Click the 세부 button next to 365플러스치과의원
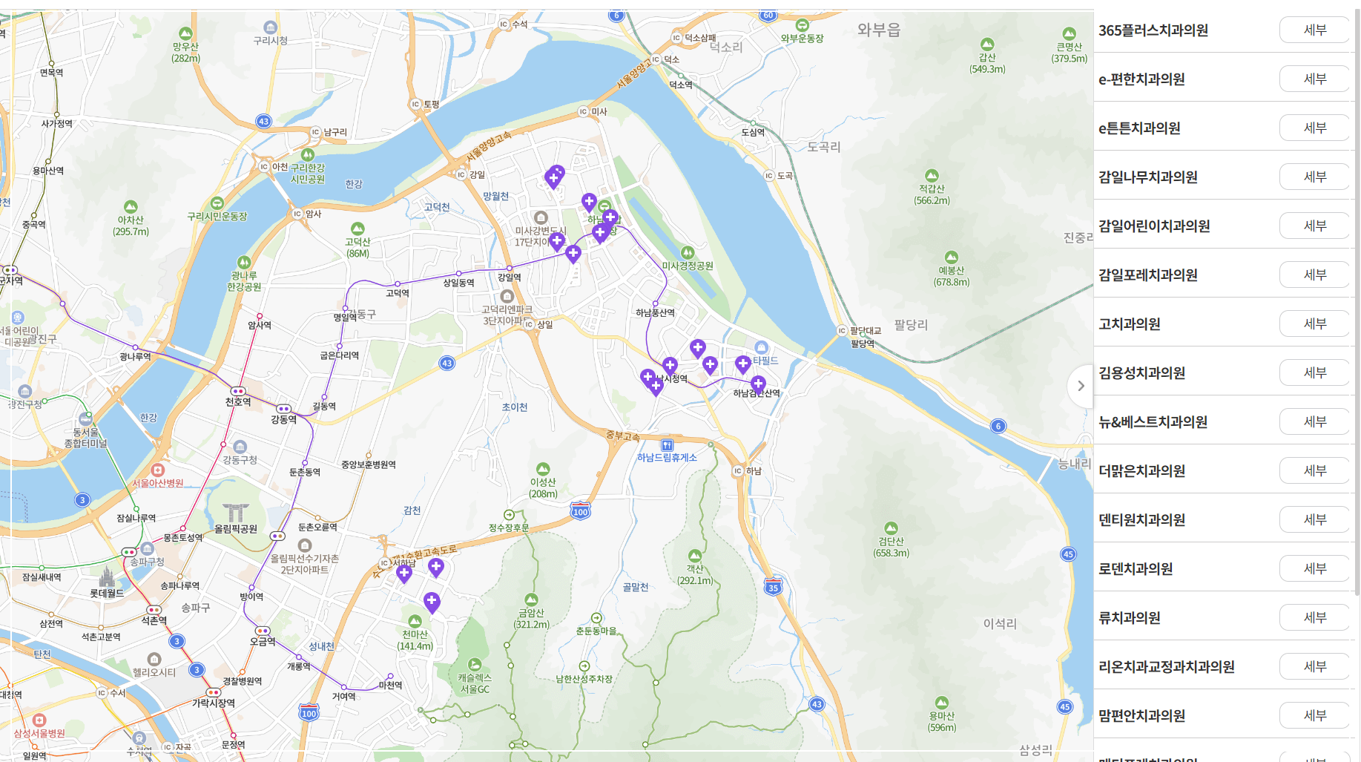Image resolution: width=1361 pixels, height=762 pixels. (1314, 30)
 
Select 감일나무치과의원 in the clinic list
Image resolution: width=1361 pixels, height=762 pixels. (1147, 177)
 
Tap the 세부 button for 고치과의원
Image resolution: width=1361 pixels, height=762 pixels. (1314, 324)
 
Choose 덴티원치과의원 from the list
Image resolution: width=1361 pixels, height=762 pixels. (1141, 520)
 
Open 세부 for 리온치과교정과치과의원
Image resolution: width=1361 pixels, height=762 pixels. (1314, 667)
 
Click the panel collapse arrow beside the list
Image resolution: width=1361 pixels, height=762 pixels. (1081, 386)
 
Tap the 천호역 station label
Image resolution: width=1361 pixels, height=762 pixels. (238, 402)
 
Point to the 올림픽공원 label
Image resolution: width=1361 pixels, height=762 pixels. (236, 529)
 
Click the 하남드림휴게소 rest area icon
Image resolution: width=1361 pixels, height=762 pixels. (667, 445)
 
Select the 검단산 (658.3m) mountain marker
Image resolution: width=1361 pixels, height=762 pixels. (891, 529)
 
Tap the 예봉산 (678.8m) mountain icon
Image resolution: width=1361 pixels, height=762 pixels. (951, 257)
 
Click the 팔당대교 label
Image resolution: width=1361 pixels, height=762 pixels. (866, 331)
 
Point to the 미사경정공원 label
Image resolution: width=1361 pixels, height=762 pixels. (688, 266)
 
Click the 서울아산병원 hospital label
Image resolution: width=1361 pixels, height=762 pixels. (157, 483)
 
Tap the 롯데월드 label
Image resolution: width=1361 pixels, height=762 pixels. (107, 594)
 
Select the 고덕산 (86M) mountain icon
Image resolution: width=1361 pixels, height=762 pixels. (357, 229)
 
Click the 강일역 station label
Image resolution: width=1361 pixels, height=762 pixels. (510, 277)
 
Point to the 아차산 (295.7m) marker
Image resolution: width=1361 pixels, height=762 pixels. (131, 207)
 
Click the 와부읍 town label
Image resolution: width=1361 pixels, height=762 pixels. (878, 30)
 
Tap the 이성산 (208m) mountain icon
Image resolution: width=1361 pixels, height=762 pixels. (543, 469)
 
